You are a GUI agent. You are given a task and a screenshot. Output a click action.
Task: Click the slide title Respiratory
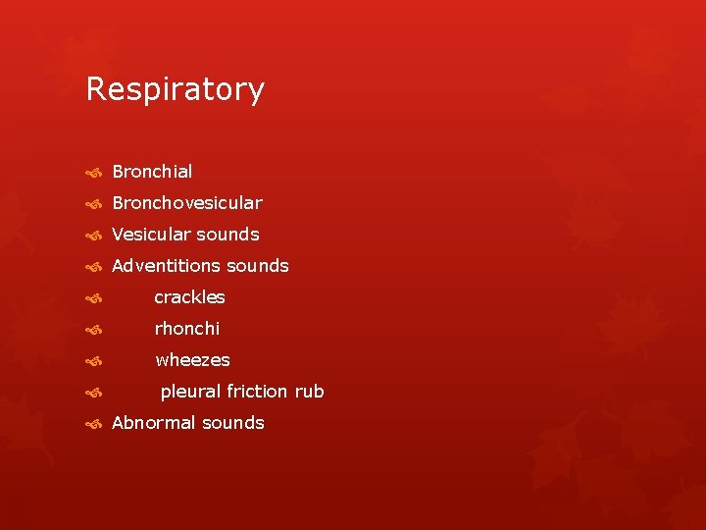[x=175, y=89]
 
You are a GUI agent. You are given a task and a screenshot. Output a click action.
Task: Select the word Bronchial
[x=152, y=172]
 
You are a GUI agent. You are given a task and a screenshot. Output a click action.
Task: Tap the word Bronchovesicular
[x=186, y=203]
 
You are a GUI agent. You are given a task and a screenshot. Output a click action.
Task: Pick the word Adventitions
[x=166, y=266]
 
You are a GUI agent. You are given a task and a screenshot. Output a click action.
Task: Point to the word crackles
[x=189, y=297]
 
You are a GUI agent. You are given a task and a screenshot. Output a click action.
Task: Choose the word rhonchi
[x=187, y=329]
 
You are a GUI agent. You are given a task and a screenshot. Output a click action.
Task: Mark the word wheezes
[x=192, y=360]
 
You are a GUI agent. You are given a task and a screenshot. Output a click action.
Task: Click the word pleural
[x=190, y=392]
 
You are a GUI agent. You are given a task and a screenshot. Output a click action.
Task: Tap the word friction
[x=257, y=392]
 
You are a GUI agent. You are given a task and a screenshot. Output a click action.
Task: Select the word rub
[x=309, y=392]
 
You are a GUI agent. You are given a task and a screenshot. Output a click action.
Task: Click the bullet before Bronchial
[x=93, y=173]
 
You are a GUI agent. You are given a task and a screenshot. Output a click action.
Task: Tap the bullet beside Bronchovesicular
[x=93, y=204]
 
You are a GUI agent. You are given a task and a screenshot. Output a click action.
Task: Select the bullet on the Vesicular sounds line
[x=93, y=236]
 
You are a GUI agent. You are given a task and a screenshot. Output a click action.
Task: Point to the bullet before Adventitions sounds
[x=93, y=267]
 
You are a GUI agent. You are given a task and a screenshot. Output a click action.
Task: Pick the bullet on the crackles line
[x=93, y=298]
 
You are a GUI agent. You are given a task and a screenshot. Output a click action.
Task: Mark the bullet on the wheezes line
[x=93, y=361]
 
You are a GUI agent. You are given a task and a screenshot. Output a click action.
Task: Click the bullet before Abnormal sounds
[x=93, y=424]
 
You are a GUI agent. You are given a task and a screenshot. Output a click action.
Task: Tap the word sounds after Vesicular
[x=227, y=235]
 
